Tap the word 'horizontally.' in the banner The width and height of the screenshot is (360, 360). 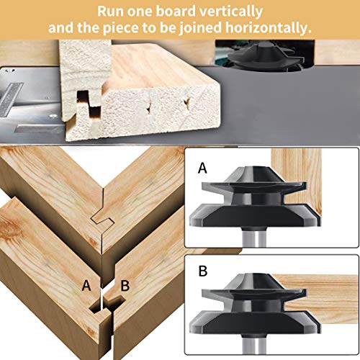pos(269,28)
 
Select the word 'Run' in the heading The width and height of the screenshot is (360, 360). pos(110,11)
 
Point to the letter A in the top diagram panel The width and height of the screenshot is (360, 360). pos(202,168)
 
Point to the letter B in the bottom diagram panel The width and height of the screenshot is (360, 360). pos(203,271)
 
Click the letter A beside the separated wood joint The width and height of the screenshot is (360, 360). pos(86,286)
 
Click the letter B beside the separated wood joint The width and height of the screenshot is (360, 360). pos(125,286)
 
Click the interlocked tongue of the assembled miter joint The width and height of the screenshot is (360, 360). pos(102,218)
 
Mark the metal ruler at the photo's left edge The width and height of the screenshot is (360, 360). pos(9,99)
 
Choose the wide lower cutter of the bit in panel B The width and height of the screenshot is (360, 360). pos(255,322)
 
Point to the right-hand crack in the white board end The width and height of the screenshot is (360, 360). pos(186,102)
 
